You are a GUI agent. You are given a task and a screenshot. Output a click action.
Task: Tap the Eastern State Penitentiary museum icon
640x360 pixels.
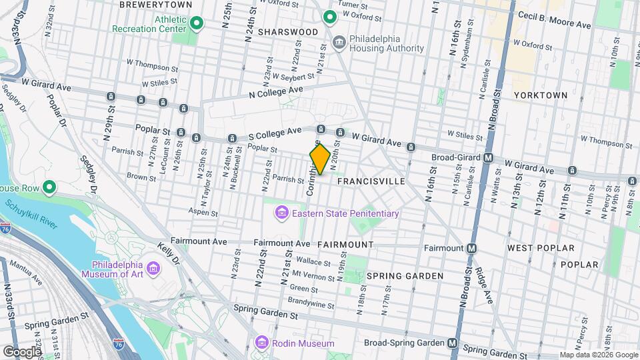point(281,213)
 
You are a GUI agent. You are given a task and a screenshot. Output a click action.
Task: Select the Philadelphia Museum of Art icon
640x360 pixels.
point(155,268)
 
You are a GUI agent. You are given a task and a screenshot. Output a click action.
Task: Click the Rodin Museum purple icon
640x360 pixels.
point(262,343)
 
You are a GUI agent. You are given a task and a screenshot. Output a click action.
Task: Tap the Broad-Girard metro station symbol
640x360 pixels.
point(489,158)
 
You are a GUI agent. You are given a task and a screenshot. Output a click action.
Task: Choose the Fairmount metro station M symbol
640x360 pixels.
point(472,248)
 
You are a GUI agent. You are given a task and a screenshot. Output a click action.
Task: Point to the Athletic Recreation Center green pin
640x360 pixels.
point(196,24)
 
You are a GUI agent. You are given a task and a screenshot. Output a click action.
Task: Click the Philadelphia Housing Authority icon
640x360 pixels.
point(339,43)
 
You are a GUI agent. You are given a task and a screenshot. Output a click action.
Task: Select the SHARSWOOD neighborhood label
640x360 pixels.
point(288,32)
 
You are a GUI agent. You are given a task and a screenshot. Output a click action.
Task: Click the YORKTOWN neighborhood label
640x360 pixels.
point(541,95)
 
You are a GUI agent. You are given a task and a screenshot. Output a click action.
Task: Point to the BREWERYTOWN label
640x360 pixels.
point(155,5)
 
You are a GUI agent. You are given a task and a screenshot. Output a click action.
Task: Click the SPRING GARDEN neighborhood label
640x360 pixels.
point(405,276)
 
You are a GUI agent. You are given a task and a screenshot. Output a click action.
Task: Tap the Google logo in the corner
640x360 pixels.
point(21,351)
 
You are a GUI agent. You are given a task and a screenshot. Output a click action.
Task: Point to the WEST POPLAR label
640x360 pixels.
point(541,248)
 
